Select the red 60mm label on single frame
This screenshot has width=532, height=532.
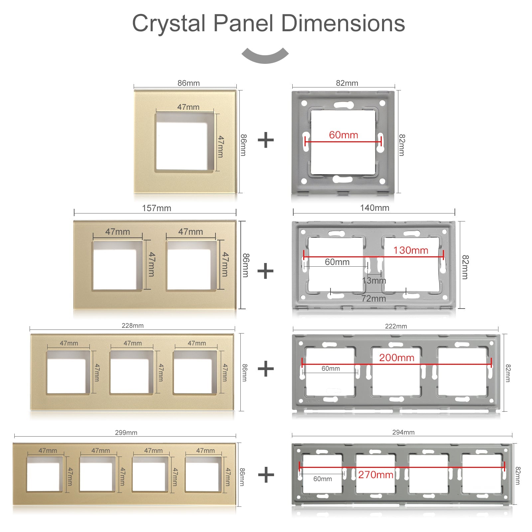click(343, 135)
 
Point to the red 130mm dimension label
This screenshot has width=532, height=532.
click(411, 250)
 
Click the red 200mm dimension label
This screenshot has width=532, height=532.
click(397, 358)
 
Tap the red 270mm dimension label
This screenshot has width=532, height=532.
click(376, 475)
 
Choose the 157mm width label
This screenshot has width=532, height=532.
click(156, 208)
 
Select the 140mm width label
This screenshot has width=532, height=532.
click(374, 208)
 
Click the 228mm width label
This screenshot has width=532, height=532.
click(132, 326)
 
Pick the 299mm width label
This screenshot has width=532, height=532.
click(126, 433)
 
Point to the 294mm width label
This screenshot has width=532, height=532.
click(403, 432)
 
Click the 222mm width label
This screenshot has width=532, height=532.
click(396, 326)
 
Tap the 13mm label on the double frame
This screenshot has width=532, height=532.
click(374, 281)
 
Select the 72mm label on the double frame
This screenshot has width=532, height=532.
click(373, 299)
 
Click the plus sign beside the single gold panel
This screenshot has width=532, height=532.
click(266, 140)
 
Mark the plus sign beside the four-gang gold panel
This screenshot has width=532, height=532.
click(266, 474)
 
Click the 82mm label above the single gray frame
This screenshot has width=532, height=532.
click(347, 83)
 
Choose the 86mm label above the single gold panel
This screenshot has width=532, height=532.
click(189, 83)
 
